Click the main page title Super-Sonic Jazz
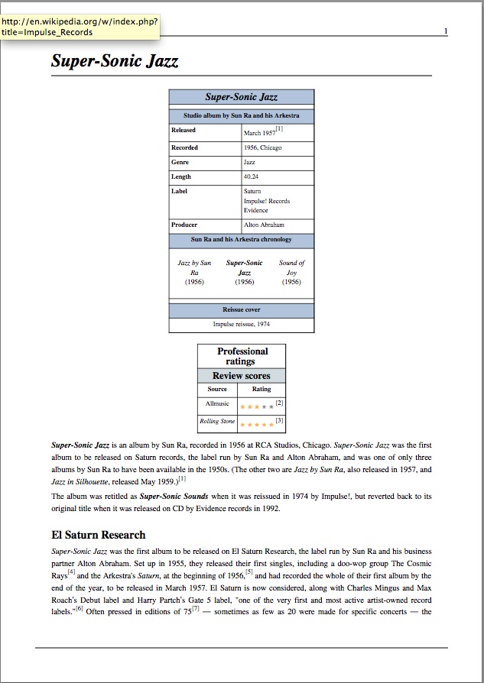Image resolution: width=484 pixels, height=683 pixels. [115, 61]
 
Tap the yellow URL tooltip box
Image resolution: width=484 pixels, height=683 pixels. [80, 27]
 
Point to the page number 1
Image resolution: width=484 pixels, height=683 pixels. [445, 31]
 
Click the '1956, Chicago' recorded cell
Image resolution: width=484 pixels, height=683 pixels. [262, 147]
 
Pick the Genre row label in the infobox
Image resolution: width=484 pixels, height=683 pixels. [180, 162]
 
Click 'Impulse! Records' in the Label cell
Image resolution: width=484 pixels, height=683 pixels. [267, 201]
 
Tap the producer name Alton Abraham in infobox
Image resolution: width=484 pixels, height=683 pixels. [264, 225]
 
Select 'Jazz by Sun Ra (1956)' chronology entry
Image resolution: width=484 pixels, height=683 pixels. [194, 272]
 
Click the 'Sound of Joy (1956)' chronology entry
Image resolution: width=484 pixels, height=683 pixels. [291, 272]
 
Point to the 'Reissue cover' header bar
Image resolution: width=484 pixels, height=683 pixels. [241, 310]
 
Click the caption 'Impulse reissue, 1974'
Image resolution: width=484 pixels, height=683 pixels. [241, 324]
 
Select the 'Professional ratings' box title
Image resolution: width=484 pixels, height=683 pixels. [242, 356]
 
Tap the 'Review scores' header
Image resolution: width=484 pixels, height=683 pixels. [242, 376]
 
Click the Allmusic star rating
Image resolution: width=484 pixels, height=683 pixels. [256, 406]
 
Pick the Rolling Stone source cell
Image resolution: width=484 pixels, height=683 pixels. [217, 422]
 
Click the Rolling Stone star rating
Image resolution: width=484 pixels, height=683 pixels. [256, 424]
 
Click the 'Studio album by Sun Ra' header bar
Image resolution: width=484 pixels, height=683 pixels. [241, 116]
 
